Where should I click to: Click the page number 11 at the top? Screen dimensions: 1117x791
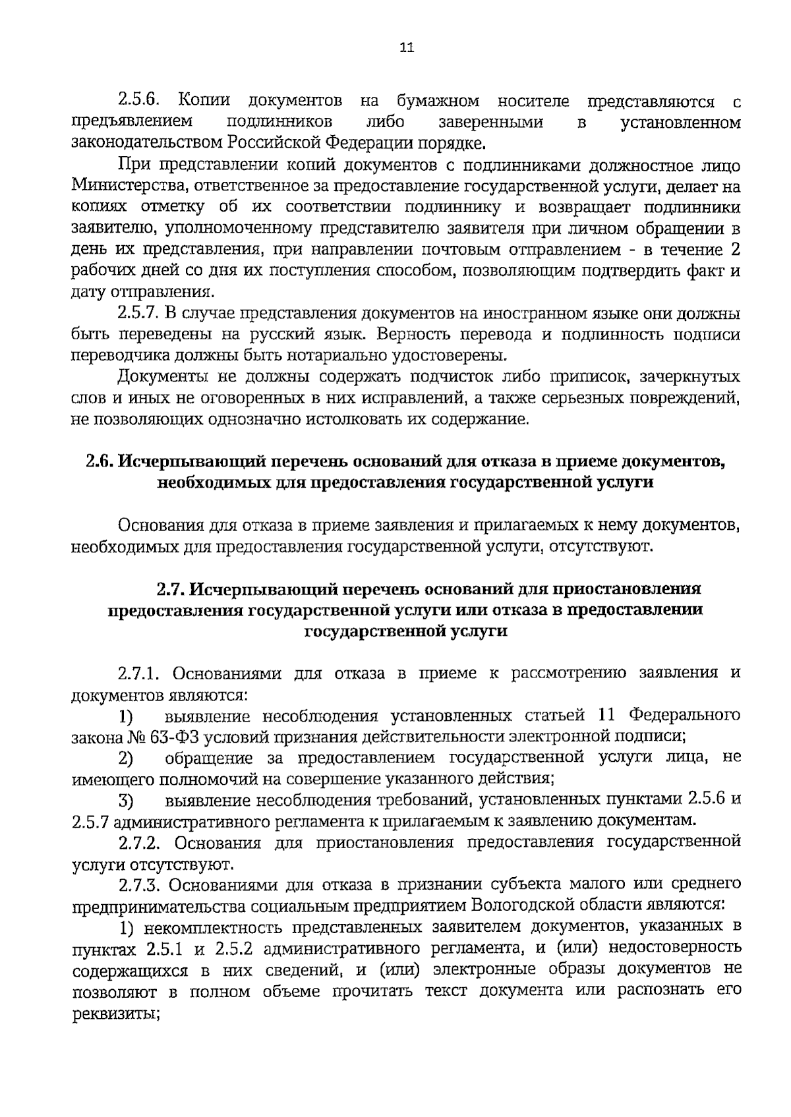406,47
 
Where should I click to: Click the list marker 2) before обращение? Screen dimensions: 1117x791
125,759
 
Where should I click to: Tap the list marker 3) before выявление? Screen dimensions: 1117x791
125,801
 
